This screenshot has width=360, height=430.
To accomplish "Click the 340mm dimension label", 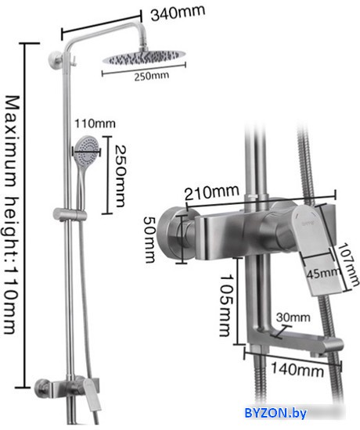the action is [178, 13].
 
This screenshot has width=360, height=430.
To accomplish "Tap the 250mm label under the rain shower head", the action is [151, 76].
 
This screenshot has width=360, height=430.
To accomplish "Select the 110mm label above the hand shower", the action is [95, 124].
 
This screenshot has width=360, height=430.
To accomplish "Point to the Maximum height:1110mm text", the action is [13, 215].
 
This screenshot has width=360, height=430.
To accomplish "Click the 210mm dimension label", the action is [211, 192].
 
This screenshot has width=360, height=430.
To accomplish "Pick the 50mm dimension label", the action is [150, 239].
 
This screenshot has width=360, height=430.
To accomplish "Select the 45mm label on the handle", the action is [322, 274].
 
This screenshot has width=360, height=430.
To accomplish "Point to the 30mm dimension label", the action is [293, 317].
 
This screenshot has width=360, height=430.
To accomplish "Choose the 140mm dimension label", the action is [297, 369].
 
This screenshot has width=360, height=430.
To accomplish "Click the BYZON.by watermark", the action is [275, 413].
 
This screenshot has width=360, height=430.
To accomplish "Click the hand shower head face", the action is [87, 149].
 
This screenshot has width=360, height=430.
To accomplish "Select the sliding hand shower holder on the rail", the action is [70, 214].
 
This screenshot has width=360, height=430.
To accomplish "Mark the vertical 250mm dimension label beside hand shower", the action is [121, 176].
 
